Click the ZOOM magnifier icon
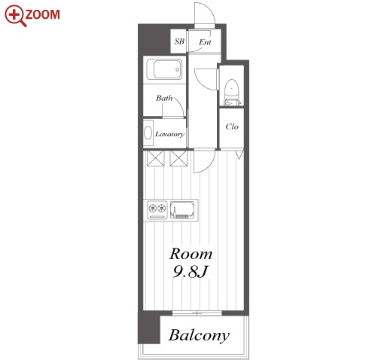pos(15,16)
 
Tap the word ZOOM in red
pos(42,14)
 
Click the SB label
pos(179,41)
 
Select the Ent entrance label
pos(205,42)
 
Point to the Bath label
pos(164,98)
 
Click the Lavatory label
pos(169,134)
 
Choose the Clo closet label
pos(232,127)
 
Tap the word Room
pos(191,254)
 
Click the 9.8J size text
pos(191,272)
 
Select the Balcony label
pos(199,335)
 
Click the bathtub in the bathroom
pos(164,69)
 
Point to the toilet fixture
pos(231,93)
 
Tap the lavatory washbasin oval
pos(148,133)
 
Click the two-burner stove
pos(157,210)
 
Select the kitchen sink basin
pos(182,210)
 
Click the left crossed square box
pos(155,158)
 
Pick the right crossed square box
pos(178,158)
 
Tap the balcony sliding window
pos(197,313)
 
